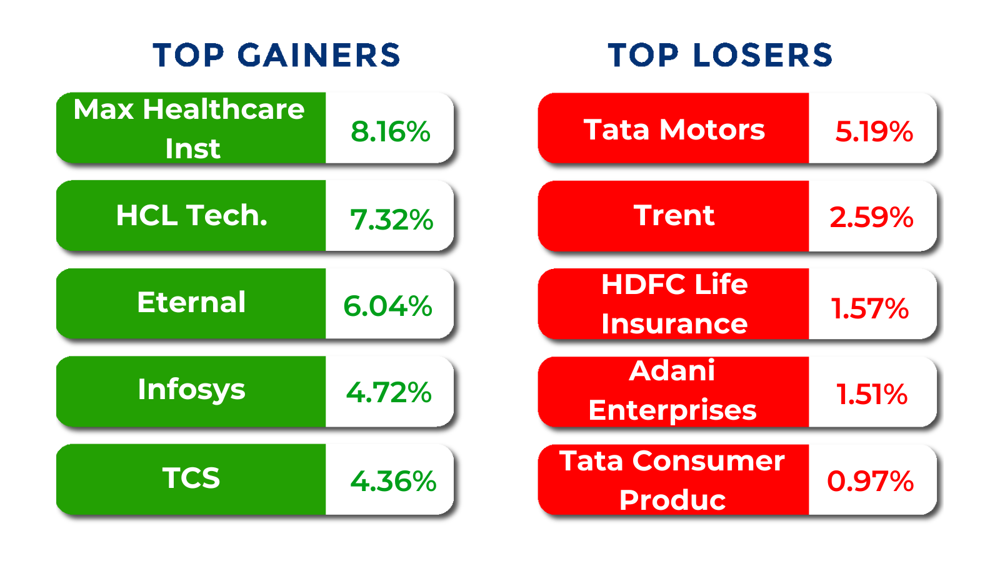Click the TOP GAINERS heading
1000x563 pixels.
coord(276,55)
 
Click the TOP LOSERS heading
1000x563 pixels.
coord(720,55)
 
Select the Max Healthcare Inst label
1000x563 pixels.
coord(189,128)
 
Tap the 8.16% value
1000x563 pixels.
coord(390,131)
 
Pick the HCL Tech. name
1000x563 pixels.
coord(191,216)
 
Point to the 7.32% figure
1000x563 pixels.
coord(391,220)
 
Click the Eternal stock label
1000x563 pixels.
coord(191,303)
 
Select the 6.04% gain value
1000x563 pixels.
coord(387,306)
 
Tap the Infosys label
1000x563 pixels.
coord(191,390)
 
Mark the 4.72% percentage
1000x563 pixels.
coord(389,393)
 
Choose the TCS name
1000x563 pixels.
coord(191,479)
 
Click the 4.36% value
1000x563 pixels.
coord(393,481)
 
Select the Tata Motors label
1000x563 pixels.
coord(674,129)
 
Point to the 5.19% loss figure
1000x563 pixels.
coord(874,131)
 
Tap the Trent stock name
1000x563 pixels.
coord(674,216)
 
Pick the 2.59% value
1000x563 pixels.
coord(871,218)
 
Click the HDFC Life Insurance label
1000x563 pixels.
coord(674,304)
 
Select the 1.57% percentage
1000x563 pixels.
coord(869,308)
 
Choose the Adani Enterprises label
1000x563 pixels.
coord(672,391)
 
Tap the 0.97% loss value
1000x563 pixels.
coord(870,481)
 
